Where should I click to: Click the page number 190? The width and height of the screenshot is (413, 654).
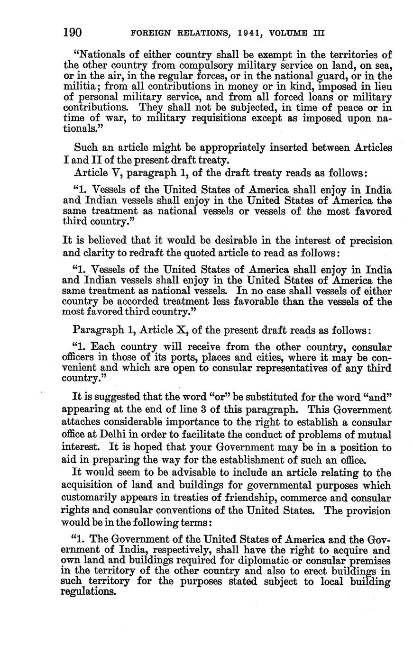click(x=73, y=33)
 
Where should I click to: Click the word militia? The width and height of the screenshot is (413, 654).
click(x=78, y=86)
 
